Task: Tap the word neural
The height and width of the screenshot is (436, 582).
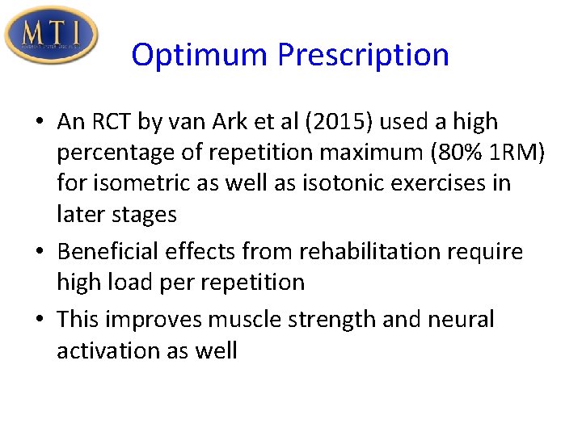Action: [460, 319]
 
